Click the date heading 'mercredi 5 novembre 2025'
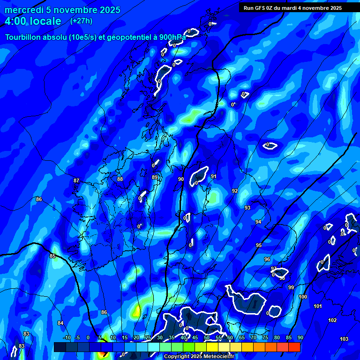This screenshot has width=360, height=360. (62, 10)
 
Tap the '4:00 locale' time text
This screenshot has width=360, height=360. (33, 21)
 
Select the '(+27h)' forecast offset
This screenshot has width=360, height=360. (81, 21)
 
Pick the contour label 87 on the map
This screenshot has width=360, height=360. (76, 180)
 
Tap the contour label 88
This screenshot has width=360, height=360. (120, 179)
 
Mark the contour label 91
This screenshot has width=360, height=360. (214, 176)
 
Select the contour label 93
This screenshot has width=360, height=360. (247, 208)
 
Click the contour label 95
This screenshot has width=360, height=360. (259, 245)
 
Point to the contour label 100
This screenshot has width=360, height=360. (303, 297)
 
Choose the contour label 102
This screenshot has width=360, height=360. (332, 320)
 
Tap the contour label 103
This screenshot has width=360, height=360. (344, 339)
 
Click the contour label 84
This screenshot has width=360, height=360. (60, 323)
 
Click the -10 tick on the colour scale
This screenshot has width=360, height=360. (67, 337)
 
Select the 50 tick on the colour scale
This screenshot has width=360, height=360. (207, 337)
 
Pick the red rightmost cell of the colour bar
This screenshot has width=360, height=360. (294, 347)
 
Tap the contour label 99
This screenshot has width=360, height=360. (291, 287)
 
